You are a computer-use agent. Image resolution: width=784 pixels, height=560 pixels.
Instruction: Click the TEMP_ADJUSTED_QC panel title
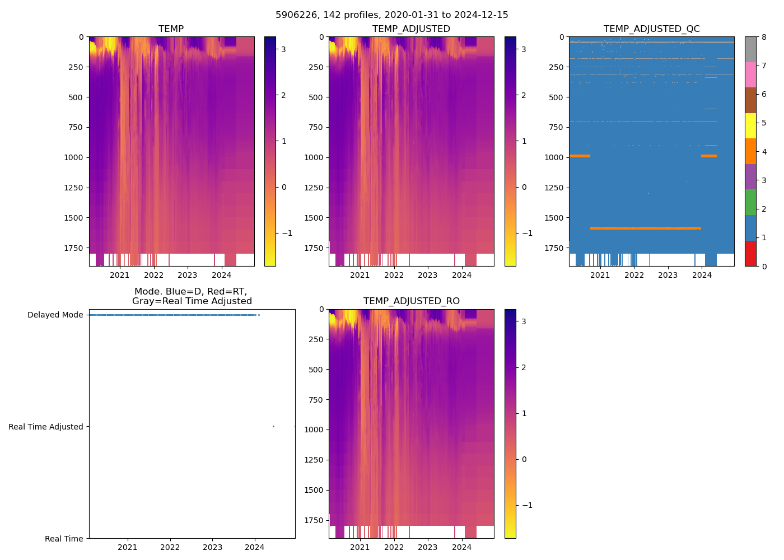pos(651,29)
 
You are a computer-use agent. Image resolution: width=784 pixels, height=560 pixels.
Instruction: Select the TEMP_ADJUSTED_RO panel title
pos(411,301)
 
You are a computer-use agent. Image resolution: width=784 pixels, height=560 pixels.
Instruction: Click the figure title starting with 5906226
pos(391,15)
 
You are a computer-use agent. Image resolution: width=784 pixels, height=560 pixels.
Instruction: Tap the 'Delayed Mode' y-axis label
pos(55,315)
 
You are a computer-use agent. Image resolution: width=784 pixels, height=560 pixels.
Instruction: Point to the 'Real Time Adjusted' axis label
pos(45,427)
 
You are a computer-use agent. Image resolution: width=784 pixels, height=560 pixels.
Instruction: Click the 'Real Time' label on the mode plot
pos(64,539)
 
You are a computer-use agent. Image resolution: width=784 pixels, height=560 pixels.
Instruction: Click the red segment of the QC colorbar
pos(750,253)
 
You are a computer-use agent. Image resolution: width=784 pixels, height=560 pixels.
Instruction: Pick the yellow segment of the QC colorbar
pos(750,125)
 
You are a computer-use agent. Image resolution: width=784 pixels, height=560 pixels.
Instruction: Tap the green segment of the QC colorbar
pos(750,202)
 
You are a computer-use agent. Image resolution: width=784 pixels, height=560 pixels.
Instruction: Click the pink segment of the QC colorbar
pos(750,74)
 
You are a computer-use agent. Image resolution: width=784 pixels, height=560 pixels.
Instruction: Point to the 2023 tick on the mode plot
pos(212,547)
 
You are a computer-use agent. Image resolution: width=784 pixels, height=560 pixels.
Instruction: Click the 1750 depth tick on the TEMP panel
pos(74,248)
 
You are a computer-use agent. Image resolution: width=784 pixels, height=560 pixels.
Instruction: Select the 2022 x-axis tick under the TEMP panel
pos(153,275)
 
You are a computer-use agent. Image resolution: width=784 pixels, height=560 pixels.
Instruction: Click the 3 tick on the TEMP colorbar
pos(283,49)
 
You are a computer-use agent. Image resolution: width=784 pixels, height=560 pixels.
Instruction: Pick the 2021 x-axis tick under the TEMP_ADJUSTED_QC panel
pos(600,275)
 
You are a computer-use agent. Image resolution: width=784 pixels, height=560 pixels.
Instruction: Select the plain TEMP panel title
pos(171,29)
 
